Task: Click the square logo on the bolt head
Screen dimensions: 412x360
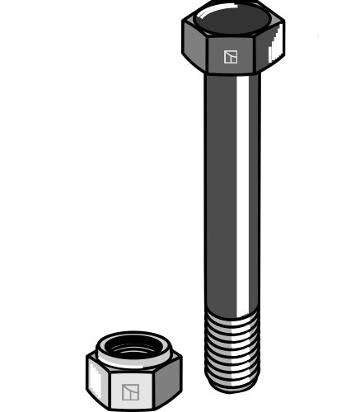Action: point(231,57)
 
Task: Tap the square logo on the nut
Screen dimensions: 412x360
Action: point(130,392)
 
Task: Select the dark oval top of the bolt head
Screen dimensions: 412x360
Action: point(233,18)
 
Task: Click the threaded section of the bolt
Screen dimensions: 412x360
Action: point(232,346)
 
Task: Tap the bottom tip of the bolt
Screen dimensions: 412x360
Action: point(232,386)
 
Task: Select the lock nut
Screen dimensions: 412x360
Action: point(133,371)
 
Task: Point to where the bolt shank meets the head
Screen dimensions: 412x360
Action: point(232,76)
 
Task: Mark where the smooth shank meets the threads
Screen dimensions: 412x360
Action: point(232,311)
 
